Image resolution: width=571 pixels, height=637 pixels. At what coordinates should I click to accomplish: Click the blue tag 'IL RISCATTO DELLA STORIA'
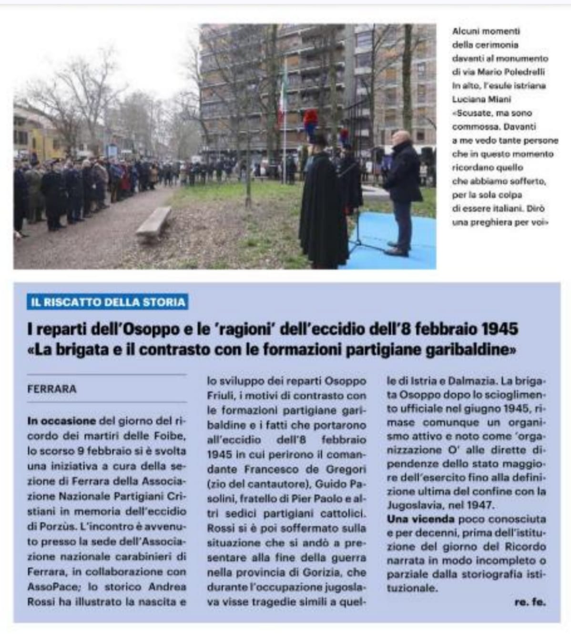107,303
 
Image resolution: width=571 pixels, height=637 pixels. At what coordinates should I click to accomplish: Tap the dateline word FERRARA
52,389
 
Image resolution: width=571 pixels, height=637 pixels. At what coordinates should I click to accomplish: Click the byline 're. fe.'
530,602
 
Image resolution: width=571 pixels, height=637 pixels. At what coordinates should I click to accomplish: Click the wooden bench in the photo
153,225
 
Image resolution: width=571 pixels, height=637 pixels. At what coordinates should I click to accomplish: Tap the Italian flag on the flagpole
282,95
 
